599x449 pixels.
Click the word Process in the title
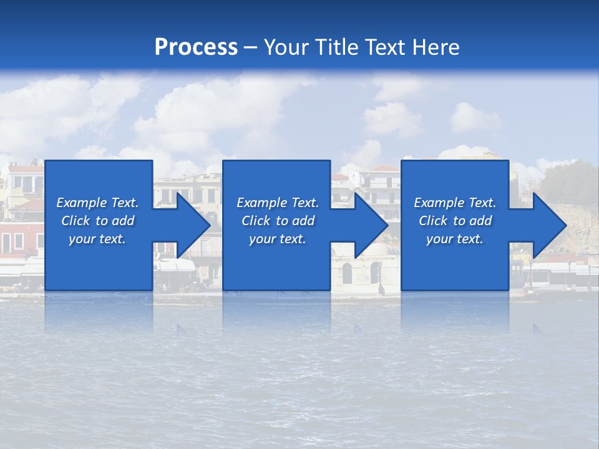196,47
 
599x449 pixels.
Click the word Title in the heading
337,47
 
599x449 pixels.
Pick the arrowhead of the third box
549,226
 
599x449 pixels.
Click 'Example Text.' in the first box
97,203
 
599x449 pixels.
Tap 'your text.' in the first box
97,239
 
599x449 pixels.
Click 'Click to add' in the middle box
278,221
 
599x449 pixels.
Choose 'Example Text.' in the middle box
278,203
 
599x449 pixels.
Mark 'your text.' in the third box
455,239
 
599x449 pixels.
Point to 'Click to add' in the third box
455,221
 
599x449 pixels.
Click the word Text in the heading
381,47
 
